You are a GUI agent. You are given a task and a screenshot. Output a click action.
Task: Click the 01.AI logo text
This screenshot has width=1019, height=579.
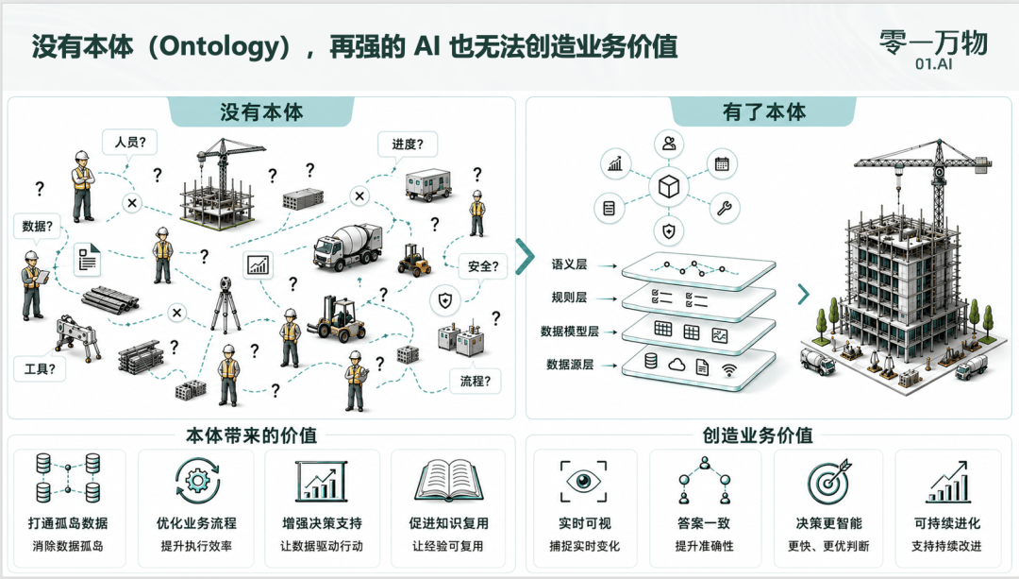coord(933,63)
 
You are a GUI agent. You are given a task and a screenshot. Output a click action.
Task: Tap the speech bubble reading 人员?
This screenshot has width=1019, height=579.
coord(130,142)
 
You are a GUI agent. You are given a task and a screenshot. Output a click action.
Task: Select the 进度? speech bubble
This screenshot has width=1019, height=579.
coord(408,144)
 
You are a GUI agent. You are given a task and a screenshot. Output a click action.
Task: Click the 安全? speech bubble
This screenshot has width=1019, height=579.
coord(483,266)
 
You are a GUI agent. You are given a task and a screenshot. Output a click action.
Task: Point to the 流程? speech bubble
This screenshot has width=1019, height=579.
coord(475,382)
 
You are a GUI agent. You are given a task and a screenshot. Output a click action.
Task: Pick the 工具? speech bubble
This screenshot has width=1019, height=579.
coord(40,369)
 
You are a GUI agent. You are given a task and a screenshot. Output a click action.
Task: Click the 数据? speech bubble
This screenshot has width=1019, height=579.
coord(37,227)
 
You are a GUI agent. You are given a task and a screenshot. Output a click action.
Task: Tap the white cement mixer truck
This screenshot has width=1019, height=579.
coord(346,246)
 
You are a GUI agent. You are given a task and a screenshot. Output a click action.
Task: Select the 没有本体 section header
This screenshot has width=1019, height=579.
coord(261,111)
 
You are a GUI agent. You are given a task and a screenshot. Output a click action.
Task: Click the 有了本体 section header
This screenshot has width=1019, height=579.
coord(763,111)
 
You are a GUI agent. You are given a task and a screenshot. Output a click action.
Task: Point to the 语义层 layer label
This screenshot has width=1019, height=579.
coord(569,264)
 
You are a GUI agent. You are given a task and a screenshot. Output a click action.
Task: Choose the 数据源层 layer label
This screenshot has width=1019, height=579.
coord(570,365)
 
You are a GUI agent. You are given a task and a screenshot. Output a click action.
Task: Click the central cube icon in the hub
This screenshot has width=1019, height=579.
coord(669,187)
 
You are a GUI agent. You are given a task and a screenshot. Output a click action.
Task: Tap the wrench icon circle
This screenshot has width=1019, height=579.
coord(724,208)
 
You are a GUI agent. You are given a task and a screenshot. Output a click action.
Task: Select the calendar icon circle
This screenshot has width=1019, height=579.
coord(722,164)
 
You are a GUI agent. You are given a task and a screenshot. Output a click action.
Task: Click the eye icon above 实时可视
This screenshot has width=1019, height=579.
coord(584,482)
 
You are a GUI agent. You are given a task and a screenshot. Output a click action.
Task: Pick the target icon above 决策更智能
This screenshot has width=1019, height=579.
coord(828,482)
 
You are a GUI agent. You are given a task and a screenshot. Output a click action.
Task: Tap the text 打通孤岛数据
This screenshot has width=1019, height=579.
coord(68,523)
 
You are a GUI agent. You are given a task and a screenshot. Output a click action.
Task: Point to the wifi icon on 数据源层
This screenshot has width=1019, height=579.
coord(729,370)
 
